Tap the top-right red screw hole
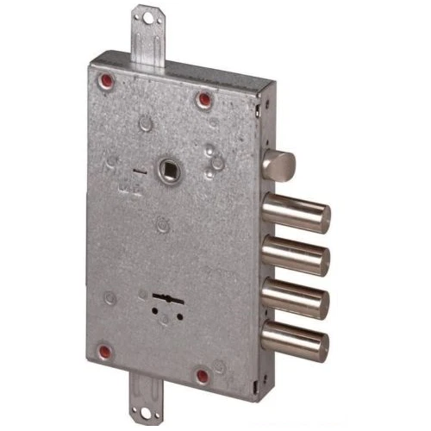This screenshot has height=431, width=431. [204, 100]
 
